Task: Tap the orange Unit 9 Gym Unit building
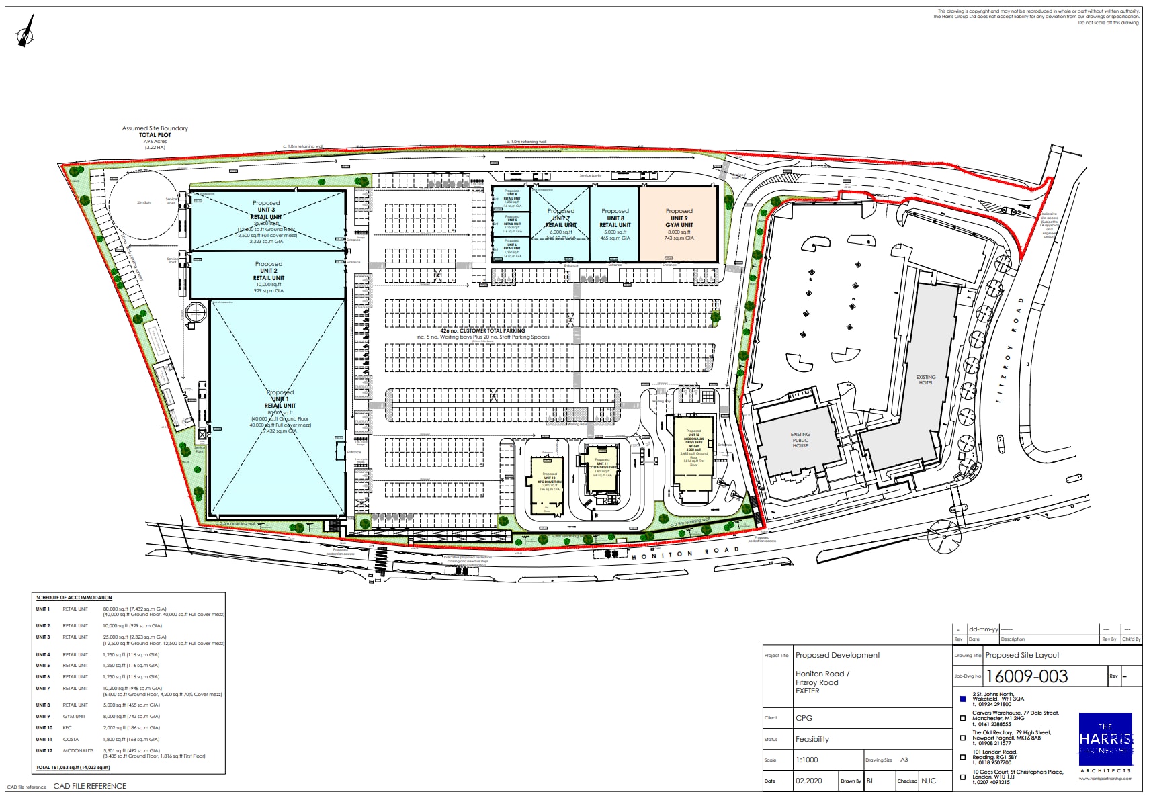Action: coord(679,224)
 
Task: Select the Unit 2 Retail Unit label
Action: coord(269,275)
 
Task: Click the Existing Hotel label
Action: coord(925,380)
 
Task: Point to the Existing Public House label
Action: coord(800,440)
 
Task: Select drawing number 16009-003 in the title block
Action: coord(1027,676)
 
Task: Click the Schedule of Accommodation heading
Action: coord(74,597)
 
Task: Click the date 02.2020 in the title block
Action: coord(808,781)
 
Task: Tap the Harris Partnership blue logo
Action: coord(1105,739)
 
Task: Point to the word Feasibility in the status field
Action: coord(812,739)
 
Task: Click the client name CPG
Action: coord(804,718)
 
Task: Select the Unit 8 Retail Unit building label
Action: coord(615,222)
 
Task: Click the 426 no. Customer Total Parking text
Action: coord(482,330)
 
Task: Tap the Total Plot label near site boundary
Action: coord(155,135)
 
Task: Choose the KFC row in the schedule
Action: coord(67,727)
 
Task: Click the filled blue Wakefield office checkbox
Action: coord(963,699)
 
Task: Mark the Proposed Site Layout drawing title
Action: coord(1022,655)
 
